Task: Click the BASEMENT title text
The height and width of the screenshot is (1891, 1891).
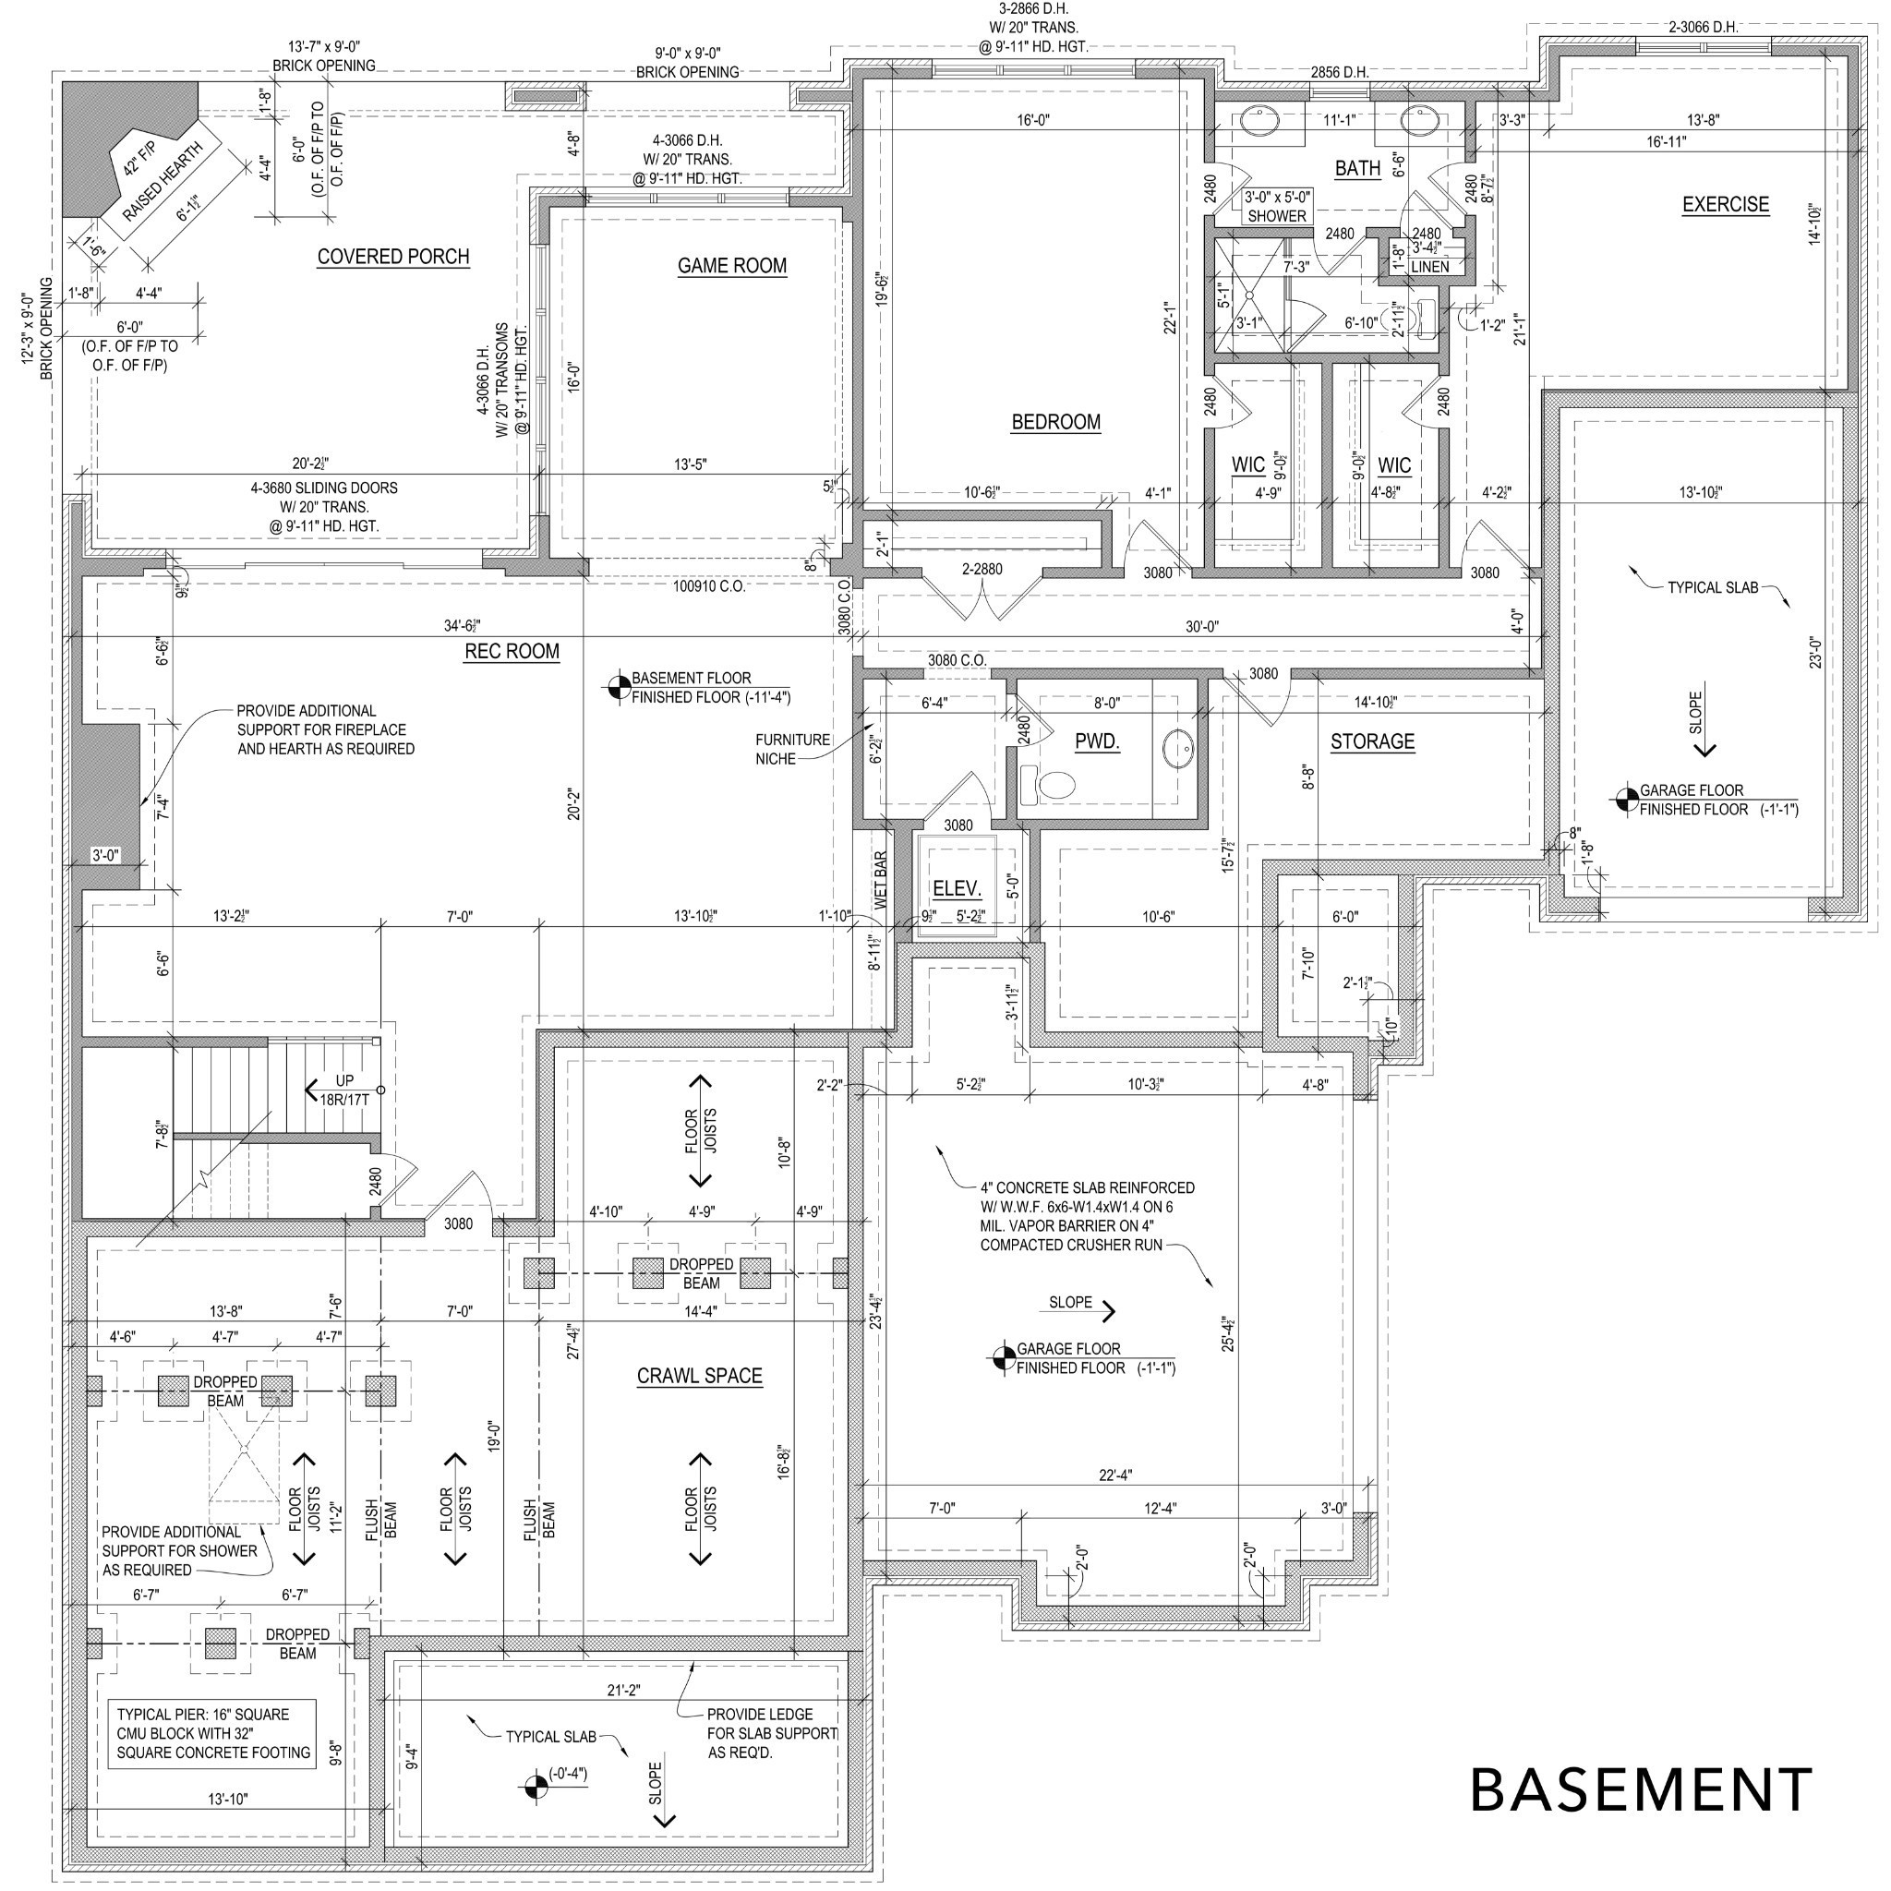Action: tap(1641, 1790)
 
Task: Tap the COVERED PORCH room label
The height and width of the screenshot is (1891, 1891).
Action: tap(393, 257)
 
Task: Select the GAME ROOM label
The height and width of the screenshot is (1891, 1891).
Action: tap(732, 265)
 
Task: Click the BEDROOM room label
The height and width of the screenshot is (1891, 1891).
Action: tap(1056, 422)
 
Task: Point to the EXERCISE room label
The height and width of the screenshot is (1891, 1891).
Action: tap(1726, 205)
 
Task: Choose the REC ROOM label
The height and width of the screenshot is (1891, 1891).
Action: tap(512, 652)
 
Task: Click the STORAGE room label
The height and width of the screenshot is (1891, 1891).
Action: tap(1372, 742)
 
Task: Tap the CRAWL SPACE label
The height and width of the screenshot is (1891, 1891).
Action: tap(700, 1376)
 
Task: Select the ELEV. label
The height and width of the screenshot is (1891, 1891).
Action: tap(958, 889)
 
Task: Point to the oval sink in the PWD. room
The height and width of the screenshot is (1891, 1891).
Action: tap(1178, 750)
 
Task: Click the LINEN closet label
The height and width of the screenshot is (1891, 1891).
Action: tap(1430, 267)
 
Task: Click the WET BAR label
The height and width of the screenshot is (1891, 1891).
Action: tap(880, 881)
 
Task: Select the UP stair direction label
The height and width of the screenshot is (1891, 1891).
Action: tap(344, 1080)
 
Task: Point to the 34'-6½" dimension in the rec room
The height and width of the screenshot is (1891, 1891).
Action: tap(463, 625)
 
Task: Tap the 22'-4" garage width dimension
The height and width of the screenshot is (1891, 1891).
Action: tap(1115, 1475)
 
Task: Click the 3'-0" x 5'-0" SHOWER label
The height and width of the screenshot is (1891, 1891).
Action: tap(1277, 207)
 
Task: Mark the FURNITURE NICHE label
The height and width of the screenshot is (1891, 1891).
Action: tap(793, 750)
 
